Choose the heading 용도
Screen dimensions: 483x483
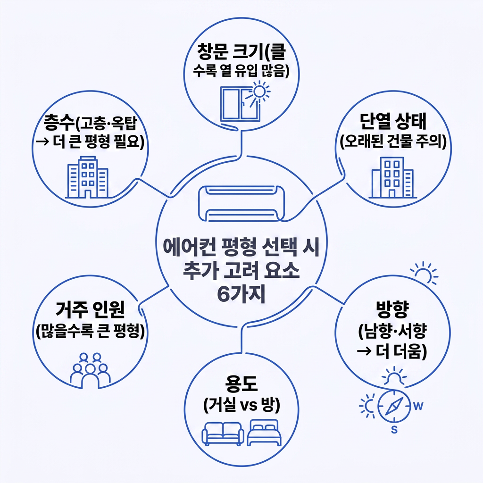tap(241, 384)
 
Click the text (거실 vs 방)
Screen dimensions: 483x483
tap(241, 404)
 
